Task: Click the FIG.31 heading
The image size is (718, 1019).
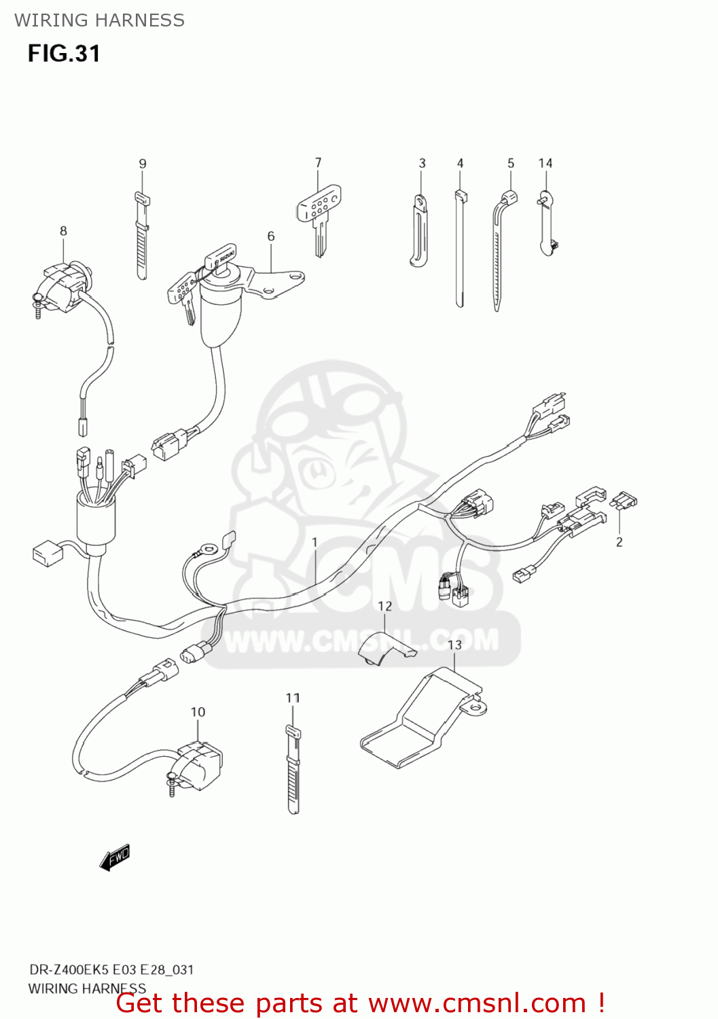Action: click(64, 54)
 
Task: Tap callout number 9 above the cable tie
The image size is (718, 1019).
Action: click(143, 164)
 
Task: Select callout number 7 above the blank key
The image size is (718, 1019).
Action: click(318, 163)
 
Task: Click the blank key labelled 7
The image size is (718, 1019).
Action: click(318, 217)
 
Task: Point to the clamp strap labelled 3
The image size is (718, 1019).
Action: click(419, 231)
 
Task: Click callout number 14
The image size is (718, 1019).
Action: click(545, 164)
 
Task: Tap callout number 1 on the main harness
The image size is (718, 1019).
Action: click(315, 542)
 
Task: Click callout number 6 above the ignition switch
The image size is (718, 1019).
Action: click(271, 236)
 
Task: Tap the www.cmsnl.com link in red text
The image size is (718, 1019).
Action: click(478, 1003)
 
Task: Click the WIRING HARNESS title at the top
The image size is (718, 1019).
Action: click(99, 20)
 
